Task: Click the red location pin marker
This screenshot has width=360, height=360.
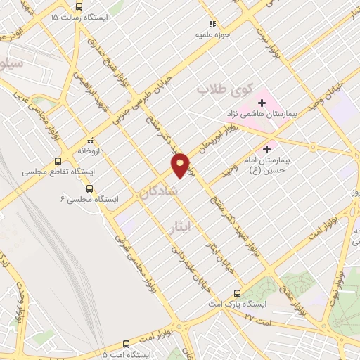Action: (181, 164)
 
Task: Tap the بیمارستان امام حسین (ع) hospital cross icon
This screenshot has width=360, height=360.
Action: (266, 149)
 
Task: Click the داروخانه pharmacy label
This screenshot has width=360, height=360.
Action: (91, 150)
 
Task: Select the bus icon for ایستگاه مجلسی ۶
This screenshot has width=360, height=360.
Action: (89, 188)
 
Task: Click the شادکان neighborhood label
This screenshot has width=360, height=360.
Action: (159, 191)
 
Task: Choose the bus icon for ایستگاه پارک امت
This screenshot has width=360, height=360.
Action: (237, 294)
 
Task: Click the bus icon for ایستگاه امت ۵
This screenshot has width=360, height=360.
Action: (126, 345)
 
